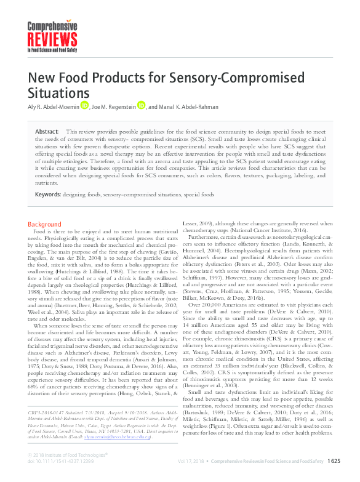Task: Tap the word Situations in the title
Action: click(58, 93)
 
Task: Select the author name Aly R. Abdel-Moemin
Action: click(52, 106)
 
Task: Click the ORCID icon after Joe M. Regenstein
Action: click(141, 106)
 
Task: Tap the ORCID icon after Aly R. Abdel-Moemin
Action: click(84, 106)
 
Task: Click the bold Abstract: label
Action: click(47, 132)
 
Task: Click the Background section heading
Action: click(45, 224)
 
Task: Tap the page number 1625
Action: click(334, 460)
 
